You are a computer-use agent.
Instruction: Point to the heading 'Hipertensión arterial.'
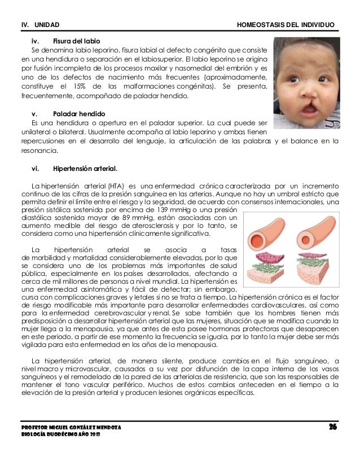click(85, 168)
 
